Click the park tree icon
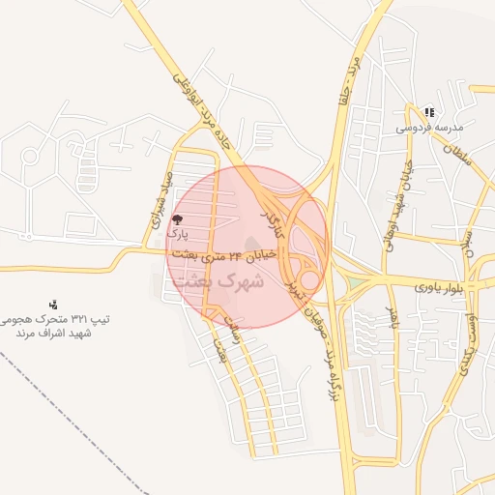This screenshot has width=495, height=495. (175, 219)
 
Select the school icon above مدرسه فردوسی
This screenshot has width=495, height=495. (429, 112)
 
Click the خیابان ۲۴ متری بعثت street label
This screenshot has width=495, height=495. (223, 256)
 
